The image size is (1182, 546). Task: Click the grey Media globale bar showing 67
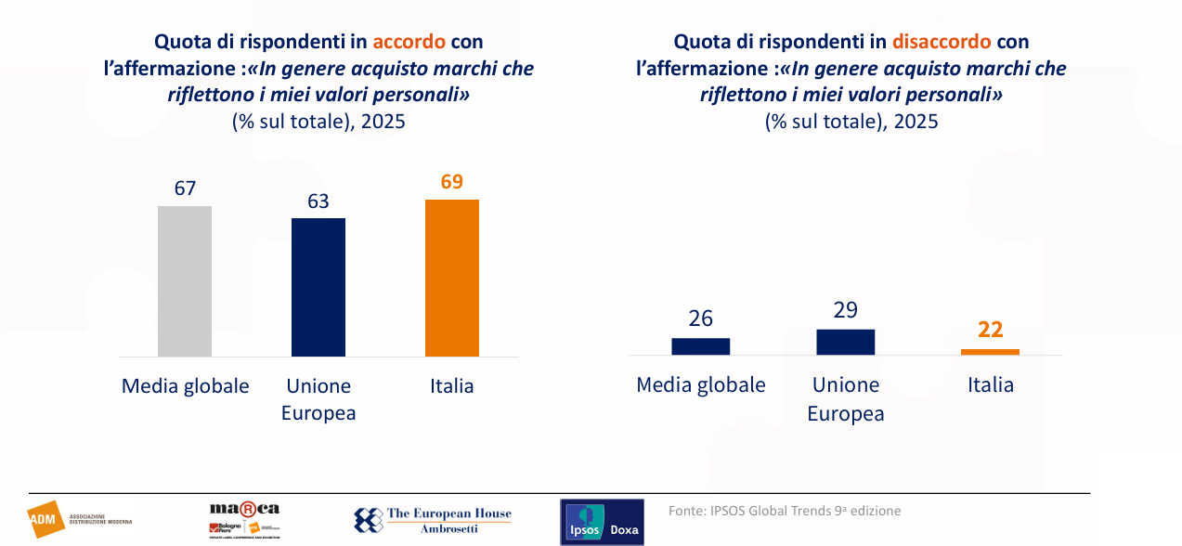pos(185,280)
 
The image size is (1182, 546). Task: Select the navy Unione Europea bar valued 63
pos(318,287)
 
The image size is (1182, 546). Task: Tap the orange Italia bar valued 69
pos(452,278)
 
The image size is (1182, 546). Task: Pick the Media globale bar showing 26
pos(701,346)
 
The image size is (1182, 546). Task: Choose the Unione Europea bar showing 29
pos(846,342)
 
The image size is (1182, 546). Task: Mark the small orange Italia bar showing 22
pos(990,352)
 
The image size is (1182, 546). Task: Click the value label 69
pos(452,182)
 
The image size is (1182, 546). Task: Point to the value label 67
pos(185,188)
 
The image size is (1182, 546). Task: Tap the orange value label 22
pos(990,330)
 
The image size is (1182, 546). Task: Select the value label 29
pos(846,310)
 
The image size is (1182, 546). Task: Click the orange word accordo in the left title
pos(409,42)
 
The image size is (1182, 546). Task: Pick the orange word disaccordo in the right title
pos(942,42)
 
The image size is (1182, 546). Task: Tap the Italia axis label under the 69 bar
pos(452,386)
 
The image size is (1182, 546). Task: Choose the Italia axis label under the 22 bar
pos(990,384)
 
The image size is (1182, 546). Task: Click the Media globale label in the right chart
pos(701,384)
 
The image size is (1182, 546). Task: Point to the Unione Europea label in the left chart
pos(318,399)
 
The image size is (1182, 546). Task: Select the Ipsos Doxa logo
pos(602,522)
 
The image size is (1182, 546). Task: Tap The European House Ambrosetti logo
pos(433,520)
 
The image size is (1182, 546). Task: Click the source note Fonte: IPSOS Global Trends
pos(784,511)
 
